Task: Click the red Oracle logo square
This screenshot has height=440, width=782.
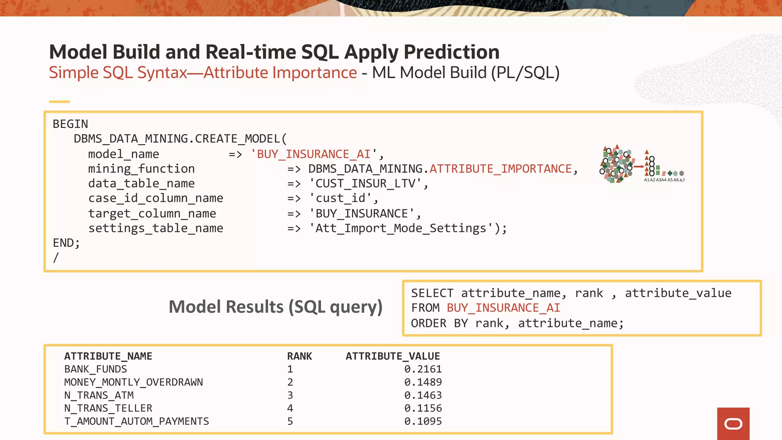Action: point(733,424)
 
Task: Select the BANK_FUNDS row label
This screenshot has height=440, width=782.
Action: point(95,369)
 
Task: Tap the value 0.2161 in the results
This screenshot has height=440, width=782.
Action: point(423,369)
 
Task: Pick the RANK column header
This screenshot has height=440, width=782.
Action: point(299,356)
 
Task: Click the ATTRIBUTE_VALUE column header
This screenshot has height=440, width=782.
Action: point(393,356)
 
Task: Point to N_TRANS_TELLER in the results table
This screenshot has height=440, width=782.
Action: point(108,408)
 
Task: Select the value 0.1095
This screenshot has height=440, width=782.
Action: point(423,421)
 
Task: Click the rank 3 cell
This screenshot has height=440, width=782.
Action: point(290,395)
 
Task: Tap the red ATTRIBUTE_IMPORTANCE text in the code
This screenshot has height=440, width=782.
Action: point(500,169)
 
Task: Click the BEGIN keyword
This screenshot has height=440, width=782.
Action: point(70,124)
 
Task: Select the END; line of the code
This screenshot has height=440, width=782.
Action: point(66,243)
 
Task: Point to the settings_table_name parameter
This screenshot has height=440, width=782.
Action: point(155,228)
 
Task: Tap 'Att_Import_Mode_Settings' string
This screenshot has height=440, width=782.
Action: point(401,228)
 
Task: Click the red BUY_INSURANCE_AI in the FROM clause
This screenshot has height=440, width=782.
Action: point(503,308)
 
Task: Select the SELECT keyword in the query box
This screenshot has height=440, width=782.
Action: point(432,293)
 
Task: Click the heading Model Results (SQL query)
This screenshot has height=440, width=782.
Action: point(275,307)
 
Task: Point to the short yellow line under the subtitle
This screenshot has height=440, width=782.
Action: point(59,102)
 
